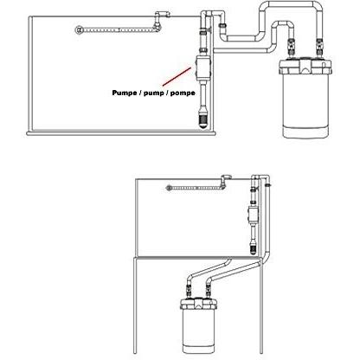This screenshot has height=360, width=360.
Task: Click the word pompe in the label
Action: (183, 93)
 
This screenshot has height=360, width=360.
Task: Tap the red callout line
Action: (177, 77)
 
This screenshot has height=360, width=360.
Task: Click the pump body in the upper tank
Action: (203, 68)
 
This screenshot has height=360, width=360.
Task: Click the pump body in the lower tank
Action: (253, 214)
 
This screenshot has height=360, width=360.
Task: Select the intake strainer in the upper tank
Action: (203, 119)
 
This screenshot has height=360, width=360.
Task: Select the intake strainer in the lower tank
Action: (253, 247)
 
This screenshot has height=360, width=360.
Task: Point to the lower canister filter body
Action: (198, 331)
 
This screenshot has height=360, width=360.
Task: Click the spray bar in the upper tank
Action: (119, 29)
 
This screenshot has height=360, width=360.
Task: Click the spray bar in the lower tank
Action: (196, 188)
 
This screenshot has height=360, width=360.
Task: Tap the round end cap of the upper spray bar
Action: (79, 30)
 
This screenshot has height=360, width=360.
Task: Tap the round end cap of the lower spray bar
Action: (169, 188)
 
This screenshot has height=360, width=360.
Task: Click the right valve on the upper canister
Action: (319, 48)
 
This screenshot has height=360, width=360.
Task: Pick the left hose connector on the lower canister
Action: (189, 291)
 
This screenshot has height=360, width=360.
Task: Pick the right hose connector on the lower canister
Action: (207, 291)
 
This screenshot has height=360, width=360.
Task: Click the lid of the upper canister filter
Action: (305, 67)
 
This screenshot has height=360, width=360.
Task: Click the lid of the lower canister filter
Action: (198, 304)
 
